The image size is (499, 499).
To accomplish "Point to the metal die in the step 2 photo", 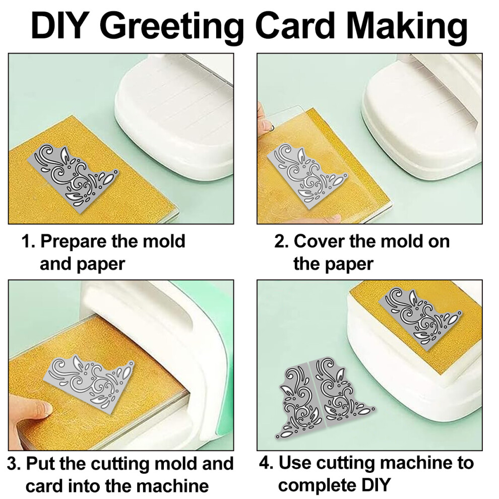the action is pyautogui.click(x=306, y=176).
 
